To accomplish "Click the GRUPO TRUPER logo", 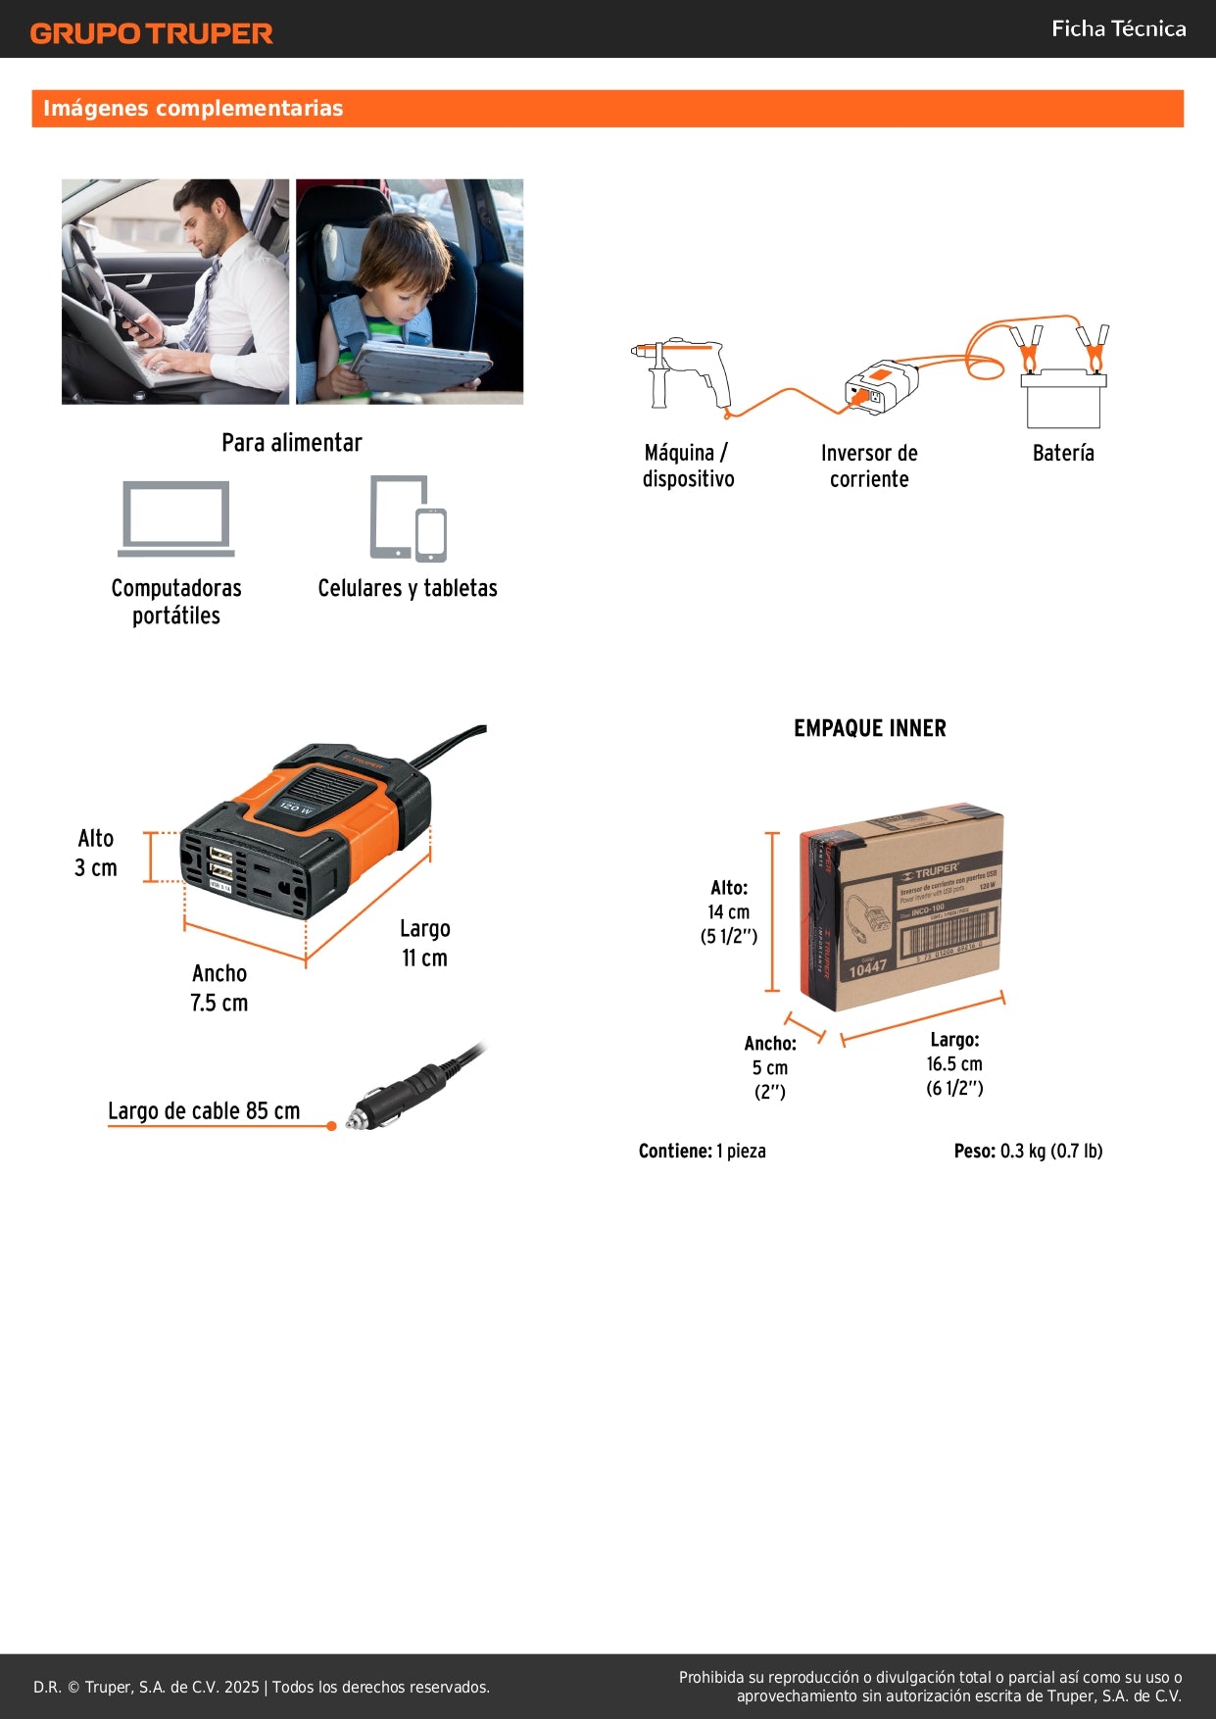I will pyautogui.click(x=152, y=33).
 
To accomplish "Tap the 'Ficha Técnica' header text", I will pyautogui.click(x=1118, y=29).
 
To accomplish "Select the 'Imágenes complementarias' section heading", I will pyautogui.click(x=193, y=109).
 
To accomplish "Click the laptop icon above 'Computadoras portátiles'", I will pyautogui.click(x=176, y=518).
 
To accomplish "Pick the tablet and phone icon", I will pyautogui.click(x=409, y=518).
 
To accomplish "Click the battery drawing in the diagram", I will pyautogui.click(x=1063, y=397).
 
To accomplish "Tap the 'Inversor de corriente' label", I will pyautogui.click(x=869, y=466).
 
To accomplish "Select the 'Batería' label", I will pyautogui.click(x=1063, y=453).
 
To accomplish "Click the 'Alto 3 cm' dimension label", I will pyautogui.click(x=96, y=854).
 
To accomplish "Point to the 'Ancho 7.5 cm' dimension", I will pyautogui.click(x=219, y=988).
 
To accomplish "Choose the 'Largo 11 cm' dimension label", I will pyautogui.click(x=424, y=943).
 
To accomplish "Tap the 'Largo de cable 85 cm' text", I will pyautogui.click(x=204, y=1110).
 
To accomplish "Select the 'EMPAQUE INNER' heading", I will pyautogui.click(x=870, y=728).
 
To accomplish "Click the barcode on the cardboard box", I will pyautogui.click(x=948, y=933).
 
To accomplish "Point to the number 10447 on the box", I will pyautogui.click(x=867, y=968).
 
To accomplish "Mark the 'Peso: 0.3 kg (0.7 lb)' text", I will pyautogui.click(x=1028, y=1151).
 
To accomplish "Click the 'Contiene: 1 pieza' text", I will pyautogui.click(x=702, y=1151).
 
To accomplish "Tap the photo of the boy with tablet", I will pyautogui.click(x=410, y=291).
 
